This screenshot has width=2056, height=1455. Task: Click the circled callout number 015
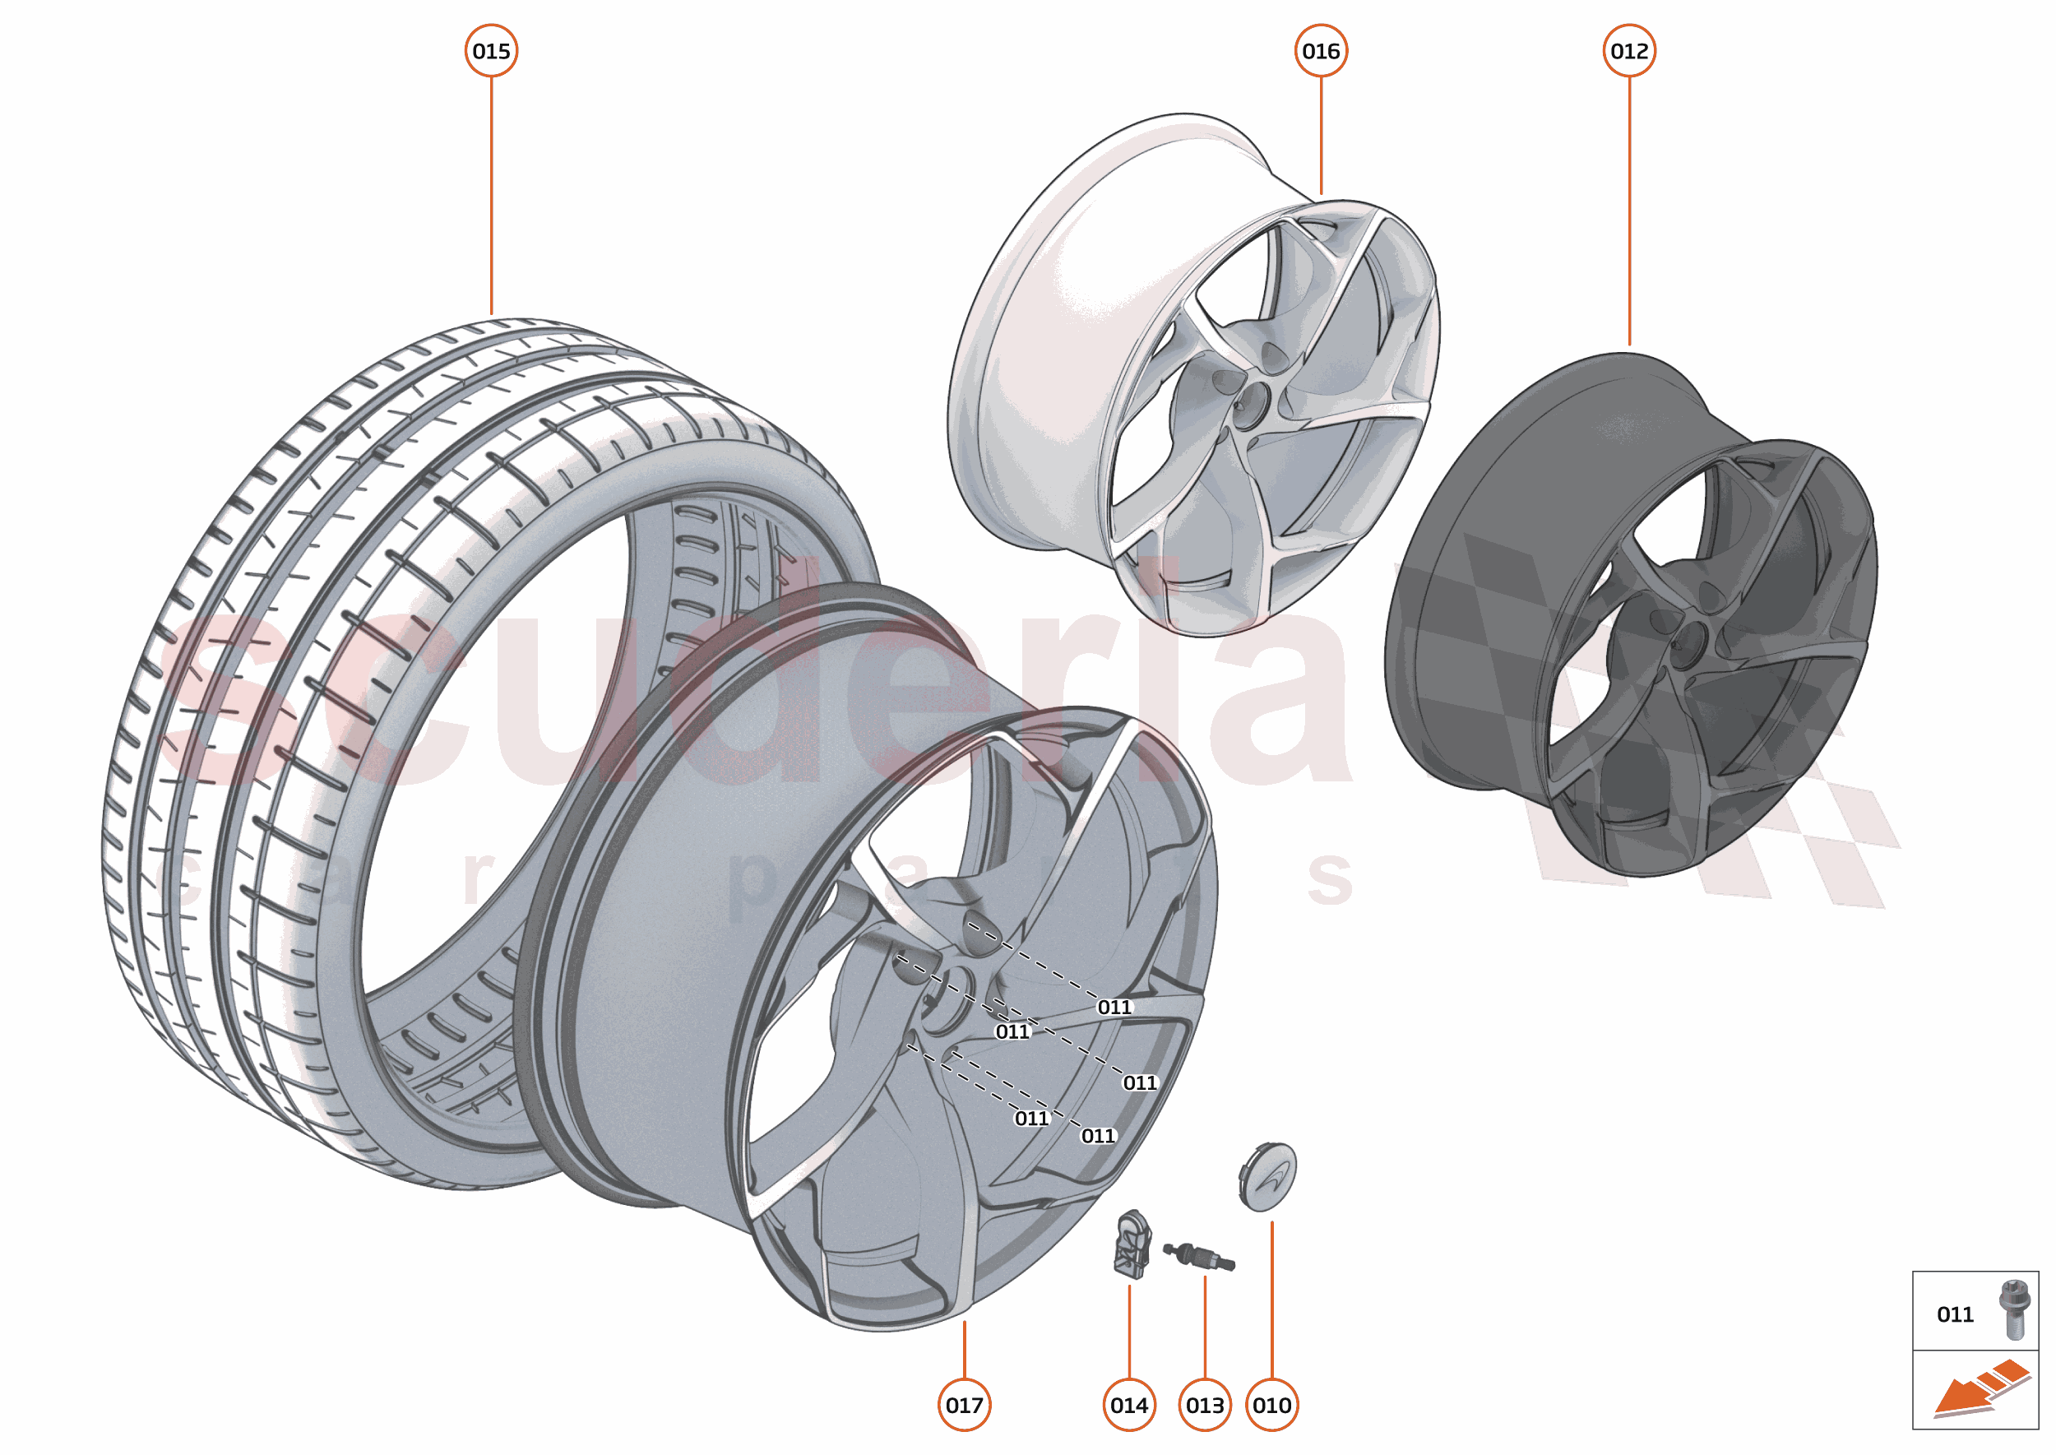(x=491, y=51)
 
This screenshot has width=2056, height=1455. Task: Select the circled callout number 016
(x=1321, y=51)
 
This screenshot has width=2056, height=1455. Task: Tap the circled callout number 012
(x=1628, y=51)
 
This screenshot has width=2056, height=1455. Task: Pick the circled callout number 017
(x=964, y=1405)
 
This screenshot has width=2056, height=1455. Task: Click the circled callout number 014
(x=1129, y=1405)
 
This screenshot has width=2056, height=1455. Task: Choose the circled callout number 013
(x=1205, y=1405)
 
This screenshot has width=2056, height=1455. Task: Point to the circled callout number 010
(x=1272, y=1405)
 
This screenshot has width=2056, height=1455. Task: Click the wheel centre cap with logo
(x=1268, y=1176)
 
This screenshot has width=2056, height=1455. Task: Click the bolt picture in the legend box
(x=2013, y=1310)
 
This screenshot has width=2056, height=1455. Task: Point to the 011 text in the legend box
(x=1955, y=1314)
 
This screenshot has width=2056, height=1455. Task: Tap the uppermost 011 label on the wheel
(x=1114, y=1007)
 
